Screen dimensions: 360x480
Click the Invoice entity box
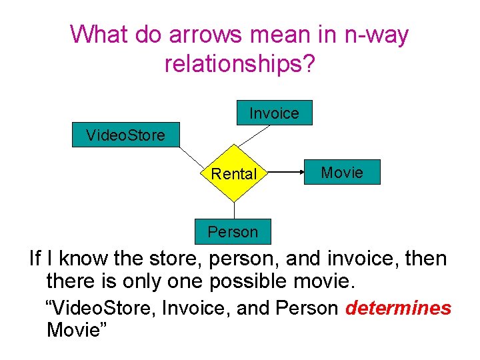click(274, 113)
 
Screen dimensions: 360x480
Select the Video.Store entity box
click(125, 135)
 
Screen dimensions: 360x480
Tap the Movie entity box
click(342, 173)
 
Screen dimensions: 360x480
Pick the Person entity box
click(233, 232)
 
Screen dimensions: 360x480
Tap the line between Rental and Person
click(234, 210)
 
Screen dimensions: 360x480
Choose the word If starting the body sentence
click(35, 258)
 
